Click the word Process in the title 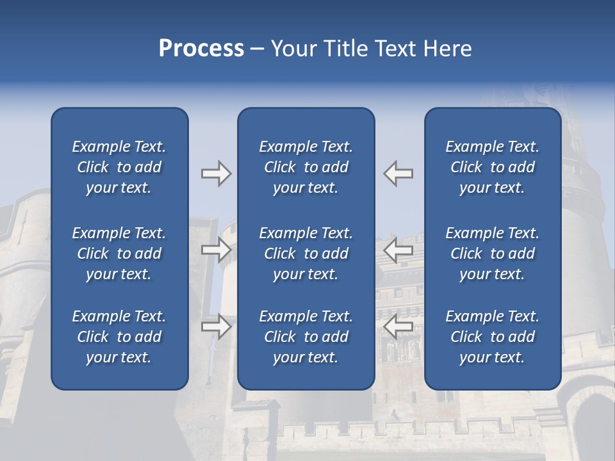coord(201,49)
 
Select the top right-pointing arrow coord(216,174)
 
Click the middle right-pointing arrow coord(216,250)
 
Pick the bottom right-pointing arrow coord(216,327)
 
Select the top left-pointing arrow coord(398,174)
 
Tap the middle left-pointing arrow coord(398,250)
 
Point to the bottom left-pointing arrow coord(398,327)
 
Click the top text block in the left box coord(119,167)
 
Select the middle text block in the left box coord(119,254)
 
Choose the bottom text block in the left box coord(119,337)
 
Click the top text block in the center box coord(306,167)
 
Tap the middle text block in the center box coord(306,254)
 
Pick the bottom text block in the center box coord(306,337)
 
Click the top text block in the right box coord(492,167)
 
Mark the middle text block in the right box coord(492,254)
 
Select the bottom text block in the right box coord(492,337)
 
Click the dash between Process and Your coord(258,49)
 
